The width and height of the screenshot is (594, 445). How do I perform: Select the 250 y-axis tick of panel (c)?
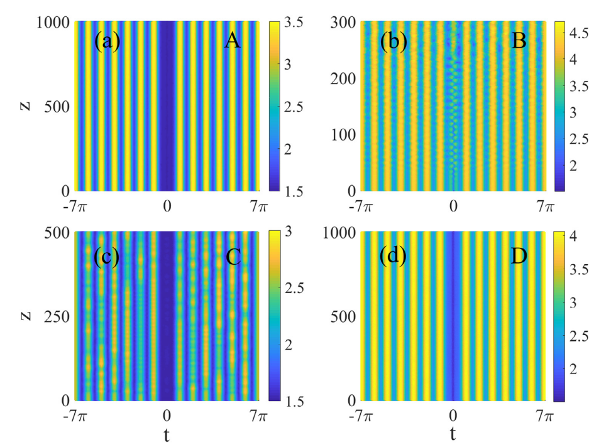[x=55, y=316]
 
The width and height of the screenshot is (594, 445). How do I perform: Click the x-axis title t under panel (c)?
[x=167, y=432]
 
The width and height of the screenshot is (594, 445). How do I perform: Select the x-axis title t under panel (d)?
[x=453, y=432]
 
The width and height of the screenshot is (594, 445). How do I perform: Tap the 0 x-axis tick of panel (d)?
[x=453, y=414]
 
